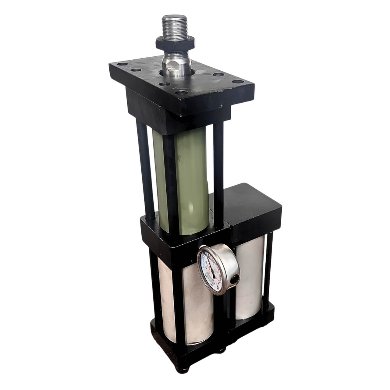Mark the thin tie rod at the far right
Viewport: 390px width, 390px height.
(x=268, y=268)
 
